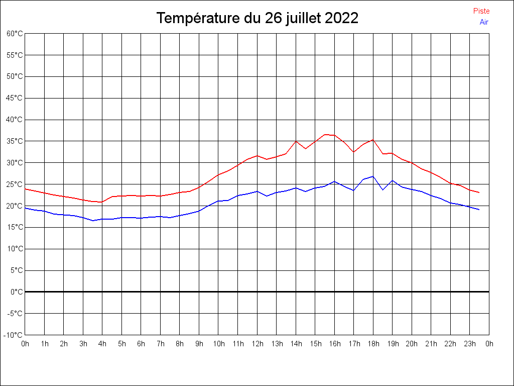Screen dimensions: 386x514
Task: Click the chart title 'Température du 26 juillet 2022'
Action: (257, 18)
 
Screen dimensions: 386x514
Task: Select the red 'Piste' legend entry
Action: (481, 11)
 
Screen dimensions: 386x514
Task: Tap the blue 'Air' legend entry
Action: (484, 22)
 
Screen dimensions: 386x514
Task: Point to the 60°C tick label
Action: (15, 34)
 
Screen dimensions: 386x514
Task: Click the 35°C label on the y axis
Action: (15, 141)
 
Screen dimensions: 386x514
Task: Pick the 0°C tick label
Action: (17, 292)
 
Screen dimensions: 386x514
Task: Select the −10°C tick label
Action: (14, 335)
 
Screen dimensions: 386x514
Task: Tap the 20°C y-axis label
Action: (15, 206)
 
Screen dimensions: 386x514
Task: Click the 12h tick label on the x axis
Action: (257, 344)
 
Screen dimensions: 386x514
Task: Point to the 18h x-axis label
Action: (373, 344)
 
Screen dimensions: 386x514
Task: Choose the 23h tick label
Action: (470, 344)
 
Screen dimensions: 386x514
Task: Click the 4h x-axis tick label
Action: (102, 344)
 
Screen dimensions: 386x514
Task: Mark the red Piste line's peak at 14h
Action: (296, 141)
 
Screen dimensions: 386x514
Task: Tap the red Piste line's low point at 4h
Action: (102, 202)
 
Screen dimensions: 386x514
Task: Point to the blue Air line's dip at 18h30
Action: (383, 189)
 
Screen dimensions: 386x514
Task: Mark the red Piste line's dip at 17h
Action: (354, 152)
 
